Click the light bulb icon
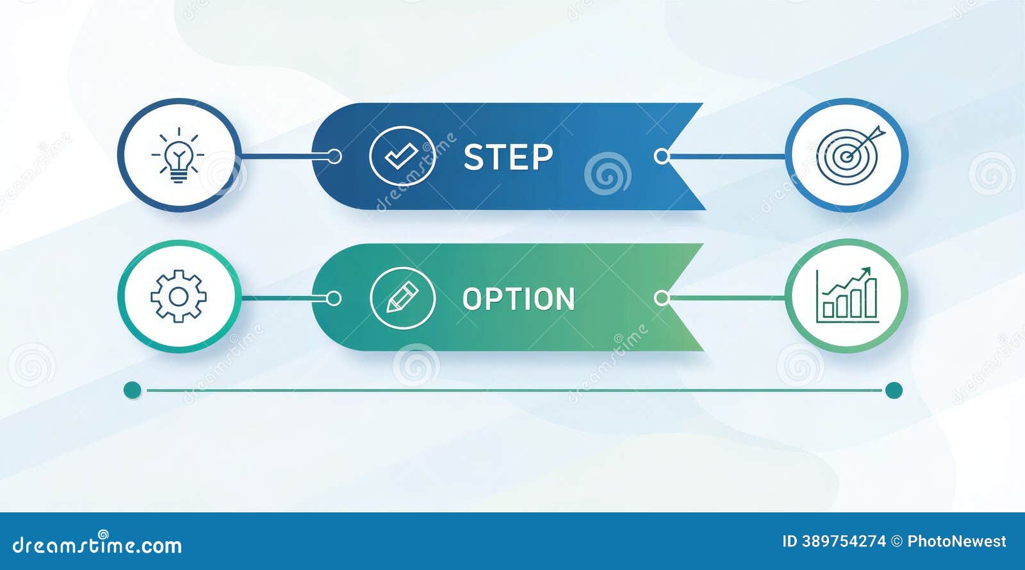point(179,156)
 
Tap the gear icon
point(179,297)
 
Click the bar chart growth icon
point(848,295)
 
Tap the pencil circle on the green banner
point(403,298)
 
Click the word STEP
point(508,158)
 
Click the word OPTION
point(518,299)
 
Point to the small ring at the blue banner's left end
point(334,156)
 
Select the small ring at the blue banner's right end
point(662,156)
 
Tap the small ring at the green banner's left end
point(334,298)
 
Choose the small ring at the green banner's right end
point(662,298)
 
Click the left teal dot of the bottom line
point(133,390)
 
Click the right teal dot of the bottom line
point(894,391)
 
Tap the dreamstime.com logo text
point(97,544)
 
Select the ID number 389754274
point(844,542)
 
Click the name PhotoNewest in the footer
point(957,542)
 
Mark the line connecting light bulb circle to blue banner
point(284,156)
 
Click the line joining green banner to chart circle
point(728,298)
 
